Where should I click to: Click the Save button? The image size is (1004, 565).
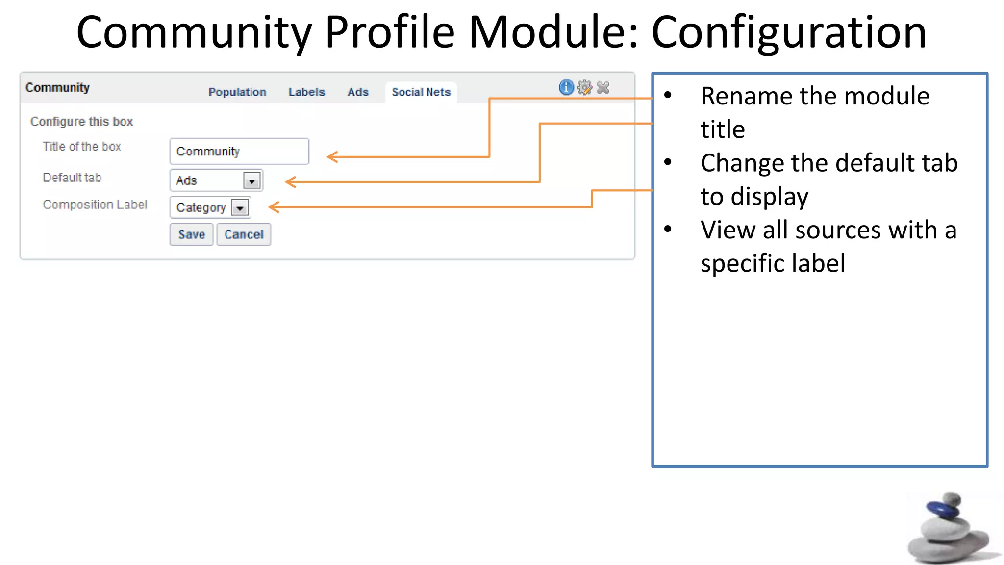tap(191, 234)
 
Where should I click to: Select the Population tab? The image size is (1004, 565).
tap(237, 92)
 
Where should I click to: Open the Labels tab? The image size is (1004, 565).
tap(306, 92)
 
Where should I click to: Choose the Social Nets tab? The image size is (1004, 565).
tap(421, 92)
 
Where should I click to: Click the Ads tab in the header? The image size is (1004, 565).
tap(358, 92)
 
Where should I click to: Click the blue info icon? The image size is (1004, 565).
tap(566, 87)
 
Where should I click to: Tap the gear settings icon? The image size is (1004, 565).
tap(584, 87)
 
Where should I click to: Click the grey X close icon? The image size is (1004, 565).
tap(603, 87)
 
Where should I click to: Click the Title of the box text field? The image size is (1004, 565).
tap(239, 151)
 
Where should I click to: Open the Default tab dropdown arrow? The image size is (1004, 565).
tap(251, 181)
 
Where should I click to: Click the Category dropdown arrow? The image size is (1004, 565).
tap(240, 208)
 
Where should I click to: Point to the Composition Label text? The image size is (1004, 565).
tap(95, 205)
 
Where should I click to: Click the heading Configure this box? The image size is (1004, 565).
tap(82, 121)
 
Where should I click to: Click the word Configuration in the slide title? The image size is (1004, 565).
tap(788, 32)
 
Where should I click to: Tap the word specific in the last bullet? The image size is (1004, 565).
tap(742, 263)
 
